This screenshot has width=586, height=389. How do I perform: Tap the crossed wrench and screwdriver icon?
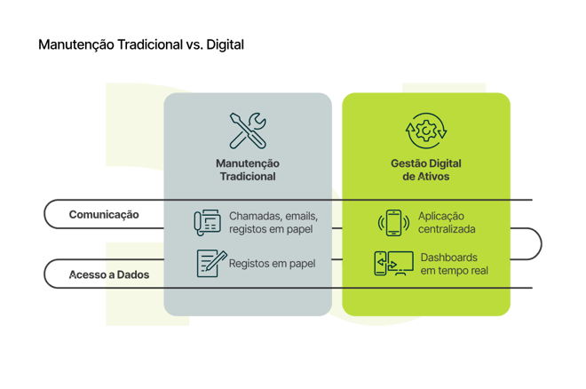pyautogui.click(x=248, y=131)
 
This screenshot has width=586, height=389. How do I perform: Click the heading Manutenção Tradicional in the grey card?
pyautogui.click(x=248, y=170)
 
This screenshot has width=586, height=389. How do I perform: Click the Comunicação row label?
pyautogui.click(x=104, y=215)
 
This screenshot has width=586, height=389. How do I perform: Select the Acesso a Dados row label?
pyautogui.click(x=109, y=274)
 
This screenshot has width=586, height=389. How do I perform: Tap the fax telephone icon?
pyautogui.click(x=207, y=222)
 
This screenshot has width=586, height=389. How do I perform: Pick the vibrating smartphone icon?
pyautogui.click(x=393, y=222)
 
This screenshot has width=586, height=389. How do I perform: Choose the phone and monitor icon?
pyautogui.click(x=393, y=263)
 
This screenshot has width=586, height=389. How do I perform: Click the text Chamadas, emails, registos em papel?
pyautogui.click(x=273, y=222)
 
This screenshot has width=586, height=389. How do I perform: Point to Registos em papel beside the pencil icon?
pyautogui.click(x=272, y=263)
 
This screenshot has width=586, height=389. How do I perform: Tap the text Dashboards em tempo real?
pyautogui.click(x=454, y=263)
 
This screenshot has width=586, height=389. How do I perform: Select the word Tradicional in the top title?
pyautogui.click(x=151, y=44)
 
